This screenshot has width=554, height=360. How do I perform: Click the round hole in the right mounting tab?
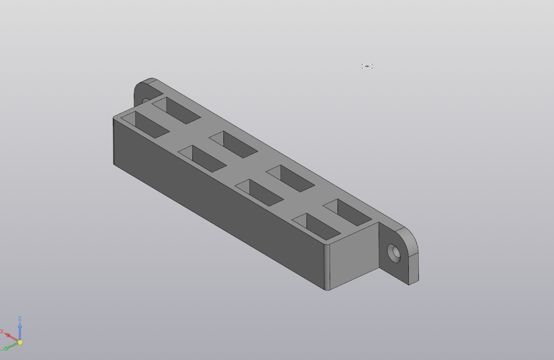pyautogui.click(x=395, y=253)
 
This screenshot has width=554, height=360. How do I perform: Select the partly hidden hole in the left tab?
pyautogui.click(x=146, y=102)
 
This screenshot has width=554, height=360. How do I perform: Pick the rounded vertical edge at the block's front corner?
pyautogui.click(x=327, y=266)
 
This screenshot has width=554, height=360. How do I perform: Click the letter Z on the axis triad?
pyautogui.click(x=20, y=319)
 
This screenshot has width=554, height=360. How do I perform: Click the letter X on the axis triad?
pyautogui.click(x=2, y=332)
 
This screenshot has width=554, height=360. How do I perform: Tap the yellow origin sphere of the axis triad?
pyautogui.click(x=20, y=343)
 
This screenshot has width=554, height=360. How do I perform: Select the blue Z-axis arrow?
pyautogui.click(x=20, y=330)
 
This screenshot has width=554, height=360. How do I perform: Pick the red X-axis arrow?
pyautogui.click(x=12, y=338)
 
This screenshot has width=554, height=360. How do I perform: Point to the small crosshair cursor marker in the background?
pyautogui.click(x=367, y=66)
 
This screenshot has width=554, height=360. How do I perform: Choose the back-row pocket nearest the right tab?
pyautogui.click(x=348, y=212)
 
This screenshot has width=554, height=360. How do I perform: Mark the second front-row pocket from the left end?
pyautogui.click(x=202, y=158)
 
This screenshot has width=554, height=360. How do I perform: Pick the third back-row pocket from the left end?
pyautogui.click(x=290, y=178)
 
